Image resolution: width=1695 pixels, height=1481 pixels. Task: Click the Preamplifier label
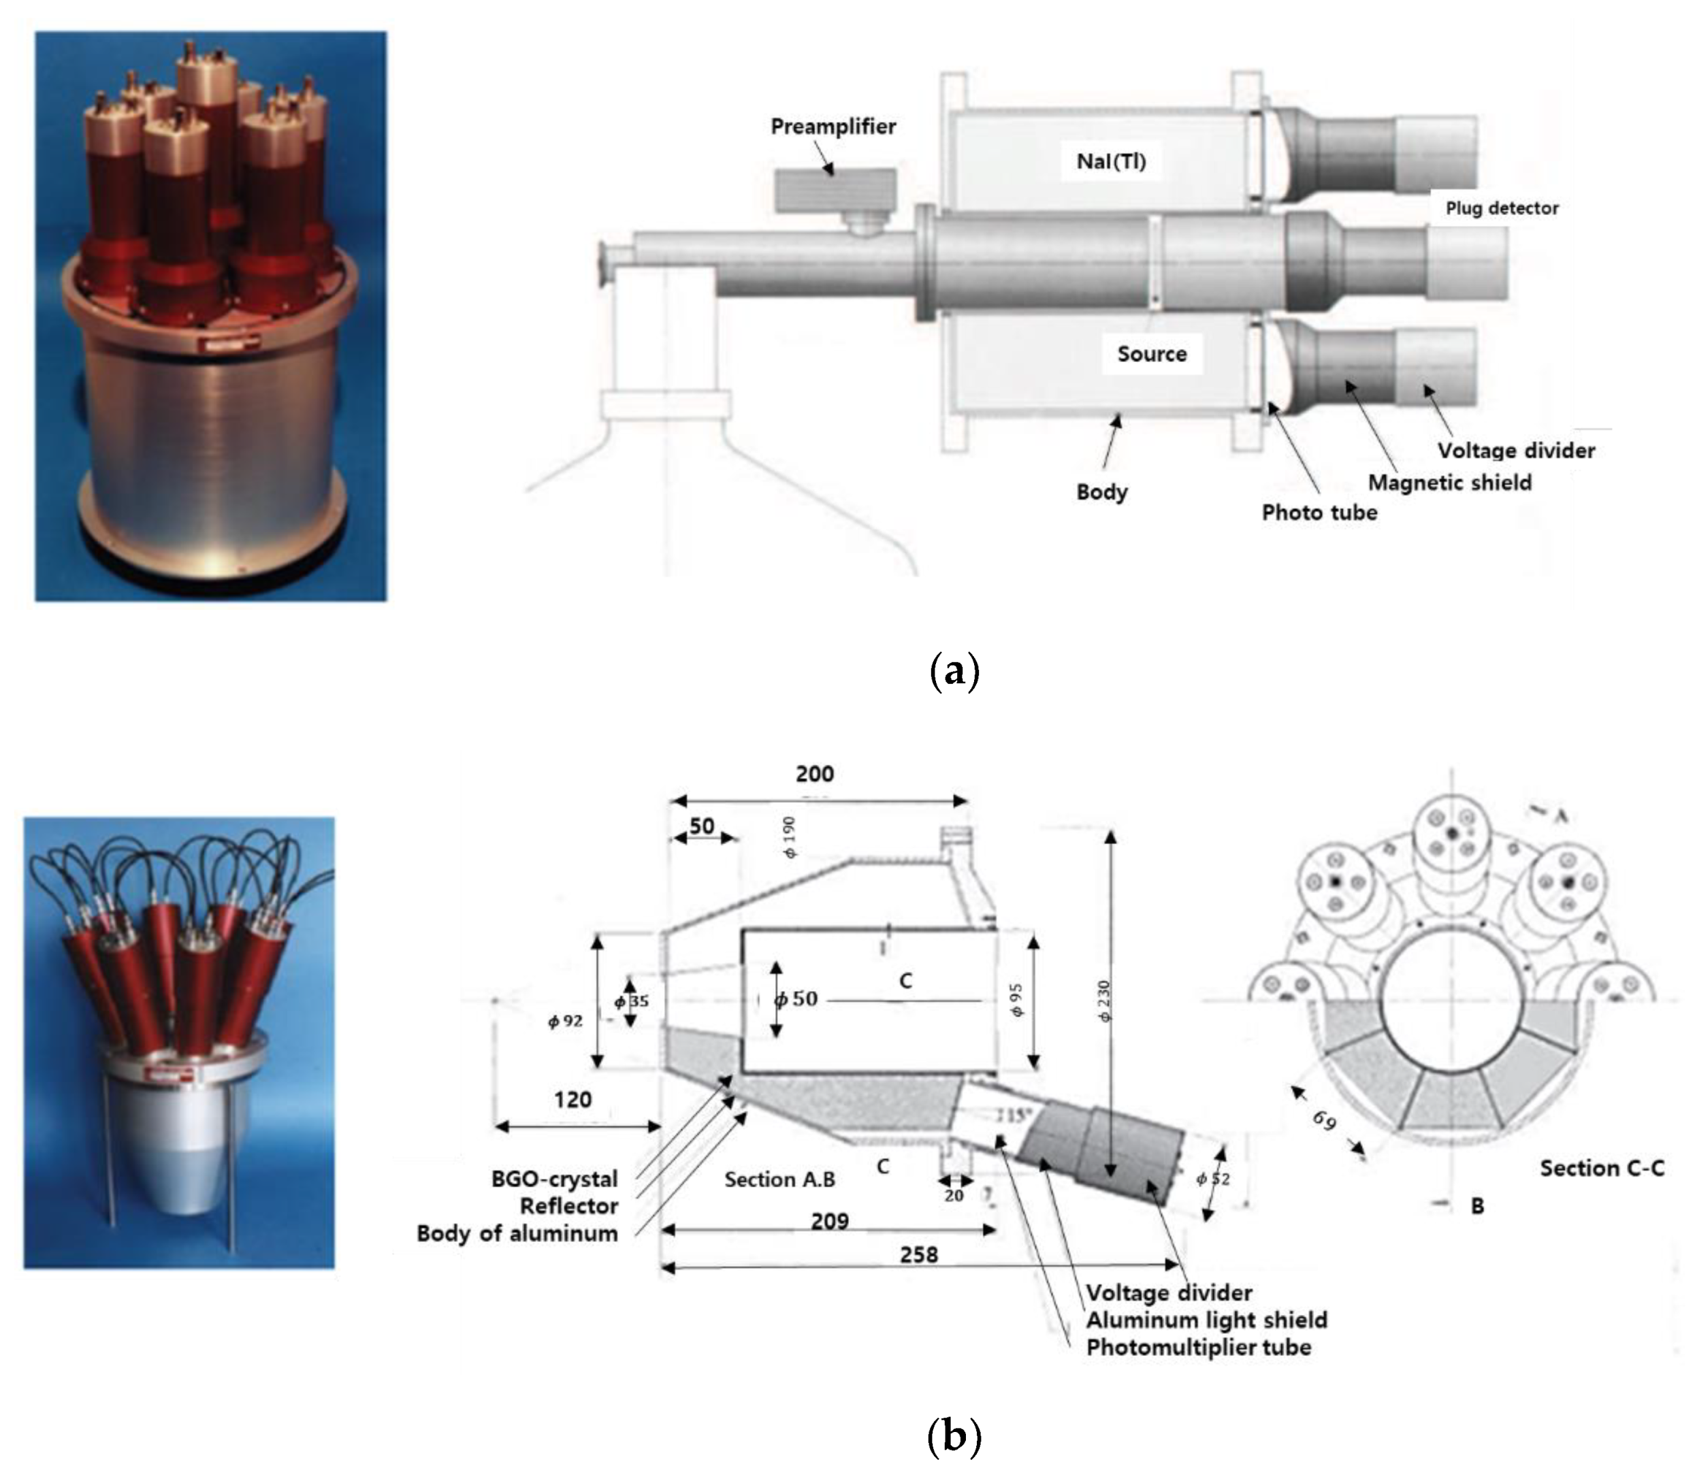pyautogui.click(x=833, y=127)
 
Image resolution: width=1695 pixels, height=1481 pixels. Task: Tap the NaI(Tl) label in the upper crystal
pyautogui.click(x=1111, y=161)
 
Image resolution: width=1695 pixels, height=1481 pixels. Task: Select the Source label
pyautogui.click(x=1151, y=354)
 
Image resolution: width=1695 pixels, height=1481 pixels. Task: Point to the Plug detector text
pyautogui.click(x=1501, y=208)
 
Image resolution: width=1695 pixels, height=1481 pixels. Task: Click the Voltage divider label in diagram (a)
pyautogui.click(x=1516, y=451)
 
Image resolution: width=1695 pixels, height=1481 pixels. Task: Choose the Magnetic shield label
pyautogui.click(x=1449, y=483)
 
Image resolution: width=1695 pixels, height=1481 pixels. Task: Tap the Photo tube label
pyautogui.click(x=1319, y=512)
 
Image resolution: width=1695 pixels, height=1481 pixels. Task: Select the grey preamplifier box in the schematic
pyautogui.click(x=835, y=189)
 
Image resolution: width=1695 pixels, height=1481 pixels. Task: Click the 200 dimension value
pyautogui.click(x=814, y=774)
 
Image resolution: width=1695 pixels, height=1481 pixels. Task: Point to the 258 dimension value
pyautogui.click(x=918, y=1254)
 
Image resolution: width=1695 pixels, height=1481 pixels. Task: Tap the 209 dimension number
pyautogui.click(x=829, y=1221)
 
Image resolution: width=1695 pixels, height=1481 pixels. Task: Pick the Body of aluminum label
pyautogui.click(x=517, y=1233)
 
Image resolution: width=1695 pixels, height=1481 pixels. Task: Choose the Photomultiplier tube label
pyautogui.click(x=1198, y=1347)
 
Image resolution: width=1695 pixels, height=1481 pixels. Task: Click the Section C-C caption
pyautogui.click(x=1601, y=1168)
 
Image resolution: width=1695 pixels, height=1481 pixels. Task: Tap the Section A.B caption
pyautogui.click(x=779, y=1179)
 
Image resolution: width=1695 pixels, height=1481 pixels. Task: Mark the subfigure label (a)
pyautogui.click(x=954, y=671)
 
